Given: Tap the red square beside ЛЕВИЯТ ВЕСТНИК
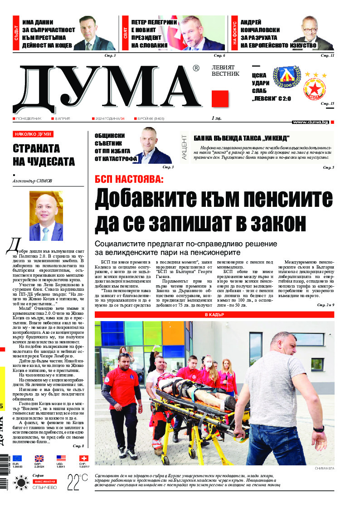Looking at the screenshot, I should tap(220, 98).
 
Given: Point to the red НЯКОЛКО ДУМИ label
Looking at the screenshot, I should tap(33, 134).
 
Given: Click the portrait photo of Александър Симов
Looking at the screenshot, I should tap(46, 216).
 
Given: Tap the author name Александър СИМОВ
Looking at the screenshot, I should tap(33, 181).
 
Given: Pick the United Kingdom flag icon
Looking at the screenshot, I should tap(39, 458).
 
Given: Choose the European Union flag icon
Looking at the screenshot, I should tap(17, 458).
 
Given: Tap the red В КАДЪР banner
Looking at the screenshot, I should tap(214, 314).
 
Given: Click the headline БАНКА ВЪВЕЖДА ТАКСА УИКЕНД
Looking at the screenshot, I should tap(241, 138).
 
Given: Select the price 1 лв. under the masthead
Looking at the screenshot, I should tap(216, 118).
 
